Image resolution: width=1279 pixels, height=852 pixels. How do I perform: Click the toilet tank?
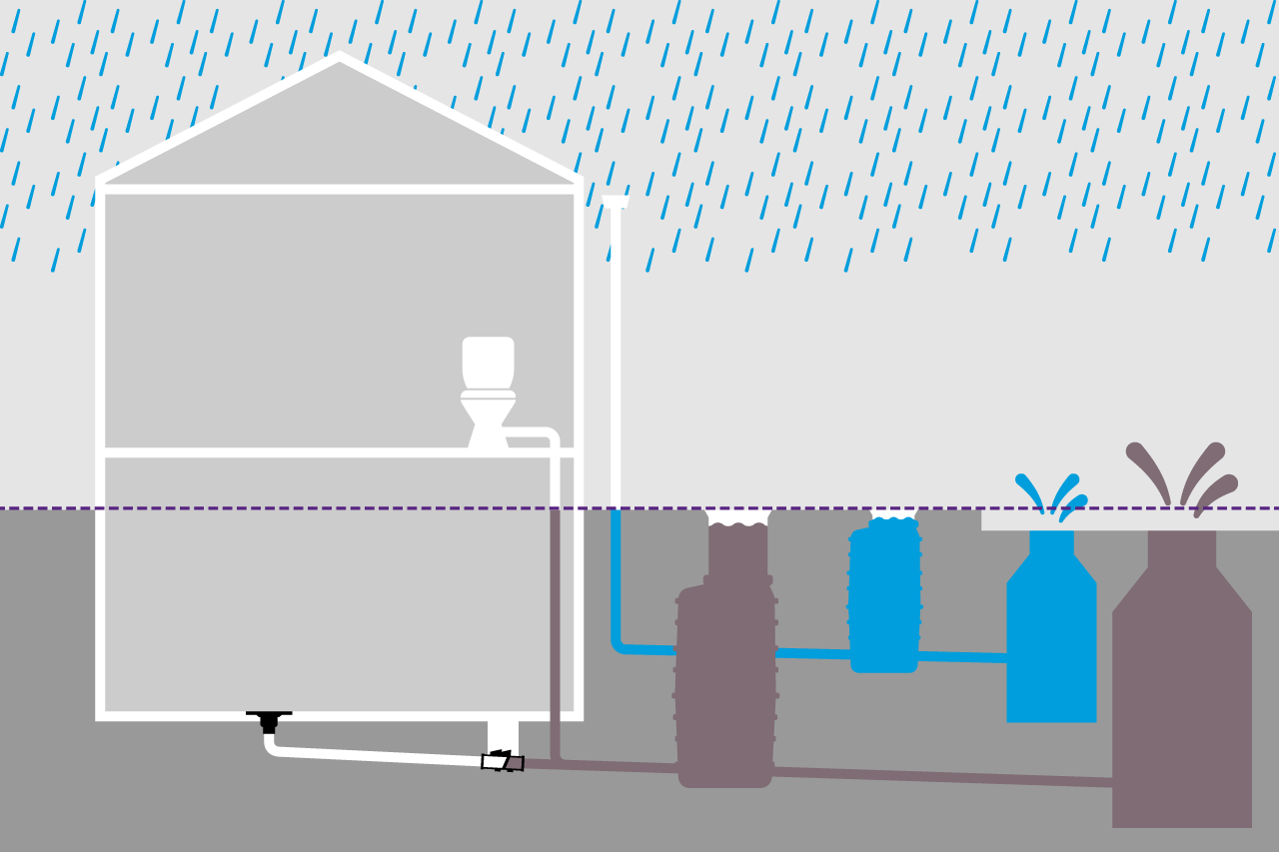pyautogui.click(x=488, y=362)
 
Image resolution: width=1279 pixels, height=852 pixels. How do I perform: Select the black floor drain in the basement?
pyautogui.click(x=269, y=719)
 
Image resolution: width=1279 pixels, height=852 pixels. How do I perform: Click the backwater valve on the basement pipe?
pyautogui.click(x=503, y=762)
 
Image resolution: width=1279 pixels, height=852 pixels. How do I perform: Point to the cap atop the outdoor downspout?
pyautogui.click(x=616, y=201)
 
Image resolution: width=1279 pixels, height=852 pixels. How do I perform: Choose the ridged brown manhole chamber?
pyautogui.click(x=725, y=679)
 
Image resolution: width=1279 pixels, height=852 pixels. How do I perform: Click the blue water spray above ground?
pyautogui.click(x=1052, y=493)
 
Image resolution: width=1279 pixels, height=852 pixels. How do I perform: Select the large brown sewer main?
pyautogui.click(x=1182, y=699)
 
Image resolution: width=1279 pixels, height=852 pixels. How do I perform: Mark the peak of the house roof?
pyautogui.click(x=340, y=59)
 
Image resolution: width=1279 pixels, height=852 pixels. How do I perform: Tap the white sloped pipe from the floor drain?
pyautogui.click(x=380, y=754)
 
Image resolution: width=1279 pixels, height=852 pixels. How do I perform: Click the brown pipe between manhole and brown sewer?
pyautogui.click(x=939, y=776)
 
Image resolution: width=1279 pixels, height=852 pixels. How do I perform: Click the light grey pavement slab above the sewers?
pyautogui.click(x=1129, y=519)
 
